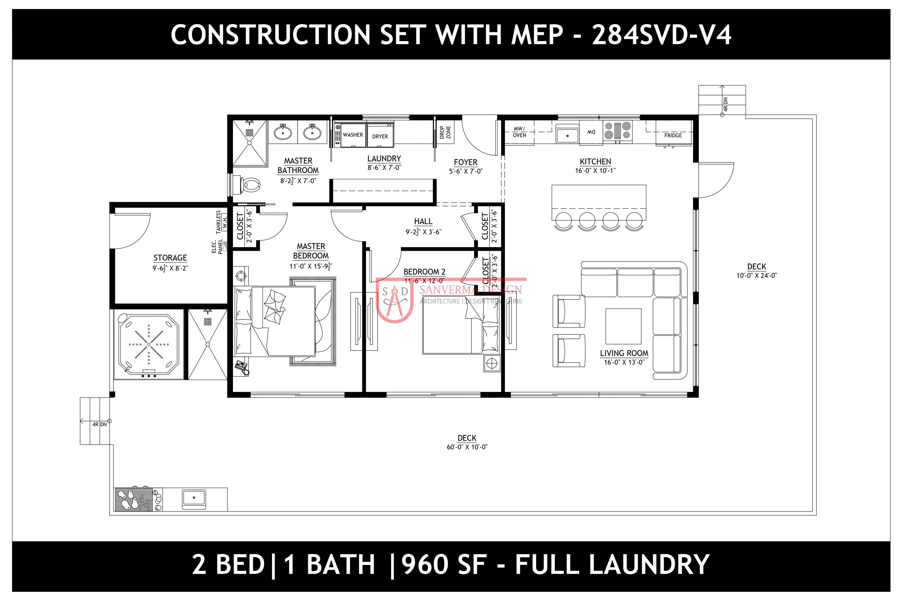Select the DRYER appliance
point(380,135)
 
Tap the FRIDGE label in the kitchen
point(673,135)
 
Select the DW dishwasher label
point(591,132)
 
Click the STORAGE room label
point(170,258)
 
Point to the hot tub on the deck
point(149,344)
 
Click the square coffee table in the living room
point(623,326)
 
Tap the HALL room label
point(423,221)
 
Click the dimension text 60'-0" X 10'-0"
point(467,447)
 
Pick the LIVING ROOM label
point(624,353)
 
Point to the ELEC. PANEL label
point(217,246)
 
